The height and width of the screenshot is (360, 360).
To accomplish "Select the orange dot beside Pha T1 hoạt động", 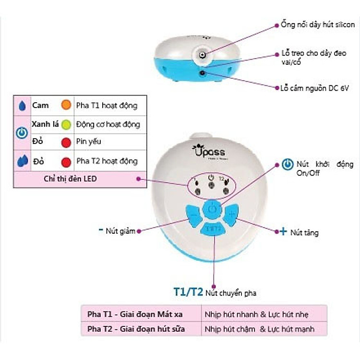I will pos(66,105).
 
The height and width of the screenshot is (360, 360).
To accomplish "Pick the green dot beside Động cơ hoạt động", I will pos(66,124).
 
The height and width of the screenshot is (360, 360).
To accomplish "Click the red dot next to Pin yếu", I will pos(66,143).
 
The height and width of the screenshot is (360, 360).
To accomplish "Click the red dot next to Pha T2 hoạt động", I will pos(66,161).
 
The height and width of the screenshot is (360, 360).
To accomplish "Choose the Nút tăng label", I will pos(304,232).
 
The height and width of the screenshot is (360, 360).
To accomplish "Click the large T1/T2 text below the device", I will pos(188,291).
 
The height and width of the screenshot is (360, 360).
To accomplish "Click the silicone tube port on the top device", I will pos(203,55).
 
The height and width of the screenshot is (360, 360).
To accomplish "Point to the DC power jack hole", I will pos(202,73).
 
